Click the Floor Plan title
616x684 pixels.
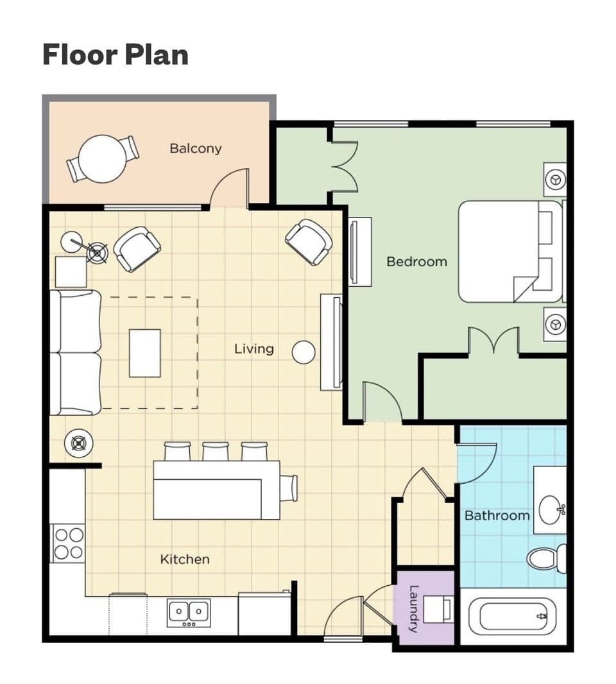pyautogui.click(x=116, y=55)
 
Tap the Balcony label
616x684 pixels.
pyautogui.click(x=196, y=148)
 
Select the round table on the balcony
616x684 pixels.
pyautogui.click(x=102, y=158)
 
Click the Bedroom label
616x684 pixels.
pyautogui.click(x=416, y=262)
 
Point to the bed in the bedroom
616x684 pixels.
pyautogui.click(x=507, y=252)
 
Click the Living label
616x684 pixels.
pyautogui.click(x=253, y=349)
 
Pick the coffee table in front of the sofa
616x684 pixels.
pyautogui.click(x=144, y=353)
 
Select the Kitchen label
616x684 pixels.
pyautogui.click(x=185, y=560)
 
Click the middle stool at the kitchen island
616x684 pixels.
pyautogui.click(x=216, y=451)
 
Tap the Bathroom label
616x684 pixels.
pyautogui.click(x=497, y=515)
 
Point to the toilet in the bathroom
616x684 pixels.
pyautogui.click(x=545, y=558)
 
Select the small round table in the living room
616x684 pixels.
pyautogui.click(x=304, y=352)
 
